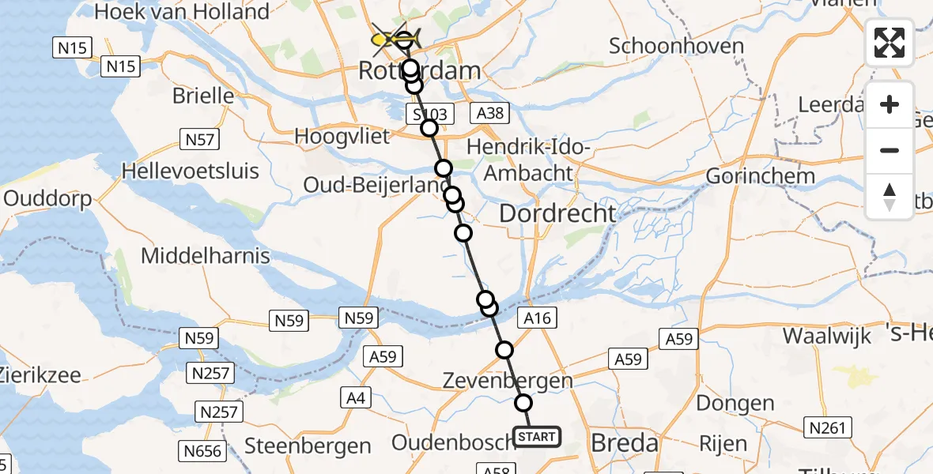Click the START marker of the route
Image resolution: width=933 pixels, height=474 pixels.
click(537, 436)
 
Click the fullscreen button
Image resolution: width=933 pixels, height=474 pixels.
click(890, 43)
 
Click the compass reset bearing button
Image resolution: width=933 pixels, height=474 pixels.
click(890, 197)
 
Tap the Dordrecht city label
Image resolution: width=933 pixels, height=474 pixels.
click(557, 213)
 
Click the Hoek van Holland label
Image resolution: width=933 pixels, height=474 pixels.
click(181, 12)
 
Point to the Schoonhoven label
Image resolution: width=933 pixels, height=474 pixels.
click(676, 46)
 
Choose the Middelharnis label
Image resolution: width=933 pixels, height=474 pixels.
click(206, 256)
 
